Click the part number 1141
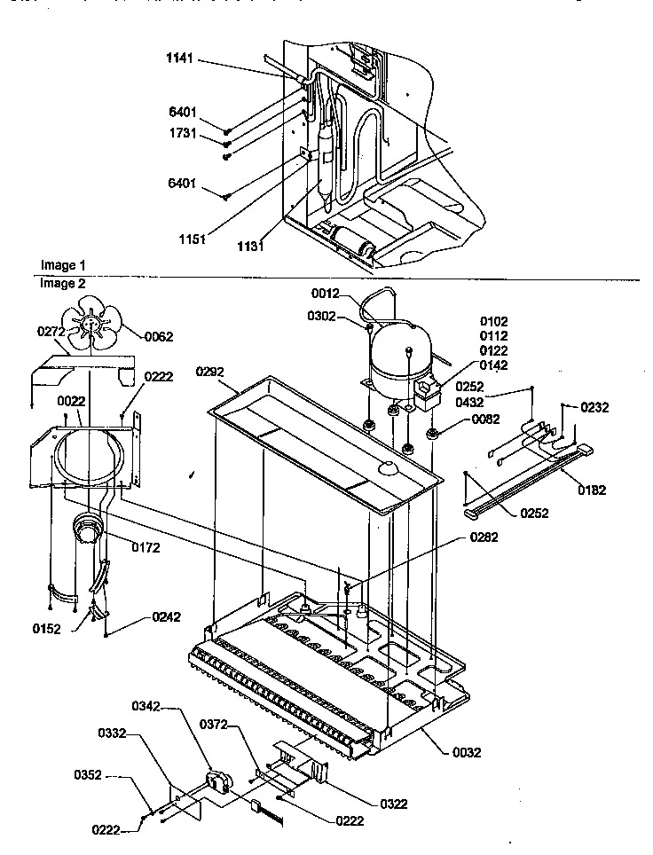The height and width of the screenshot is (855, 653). [178, 60]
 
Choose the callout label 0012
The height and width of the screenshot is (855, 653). [326, 294]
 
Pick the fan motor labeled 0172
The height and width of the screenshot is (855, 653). [89, 529]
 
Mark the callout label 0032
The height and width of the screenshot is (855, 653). [466, 752]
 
